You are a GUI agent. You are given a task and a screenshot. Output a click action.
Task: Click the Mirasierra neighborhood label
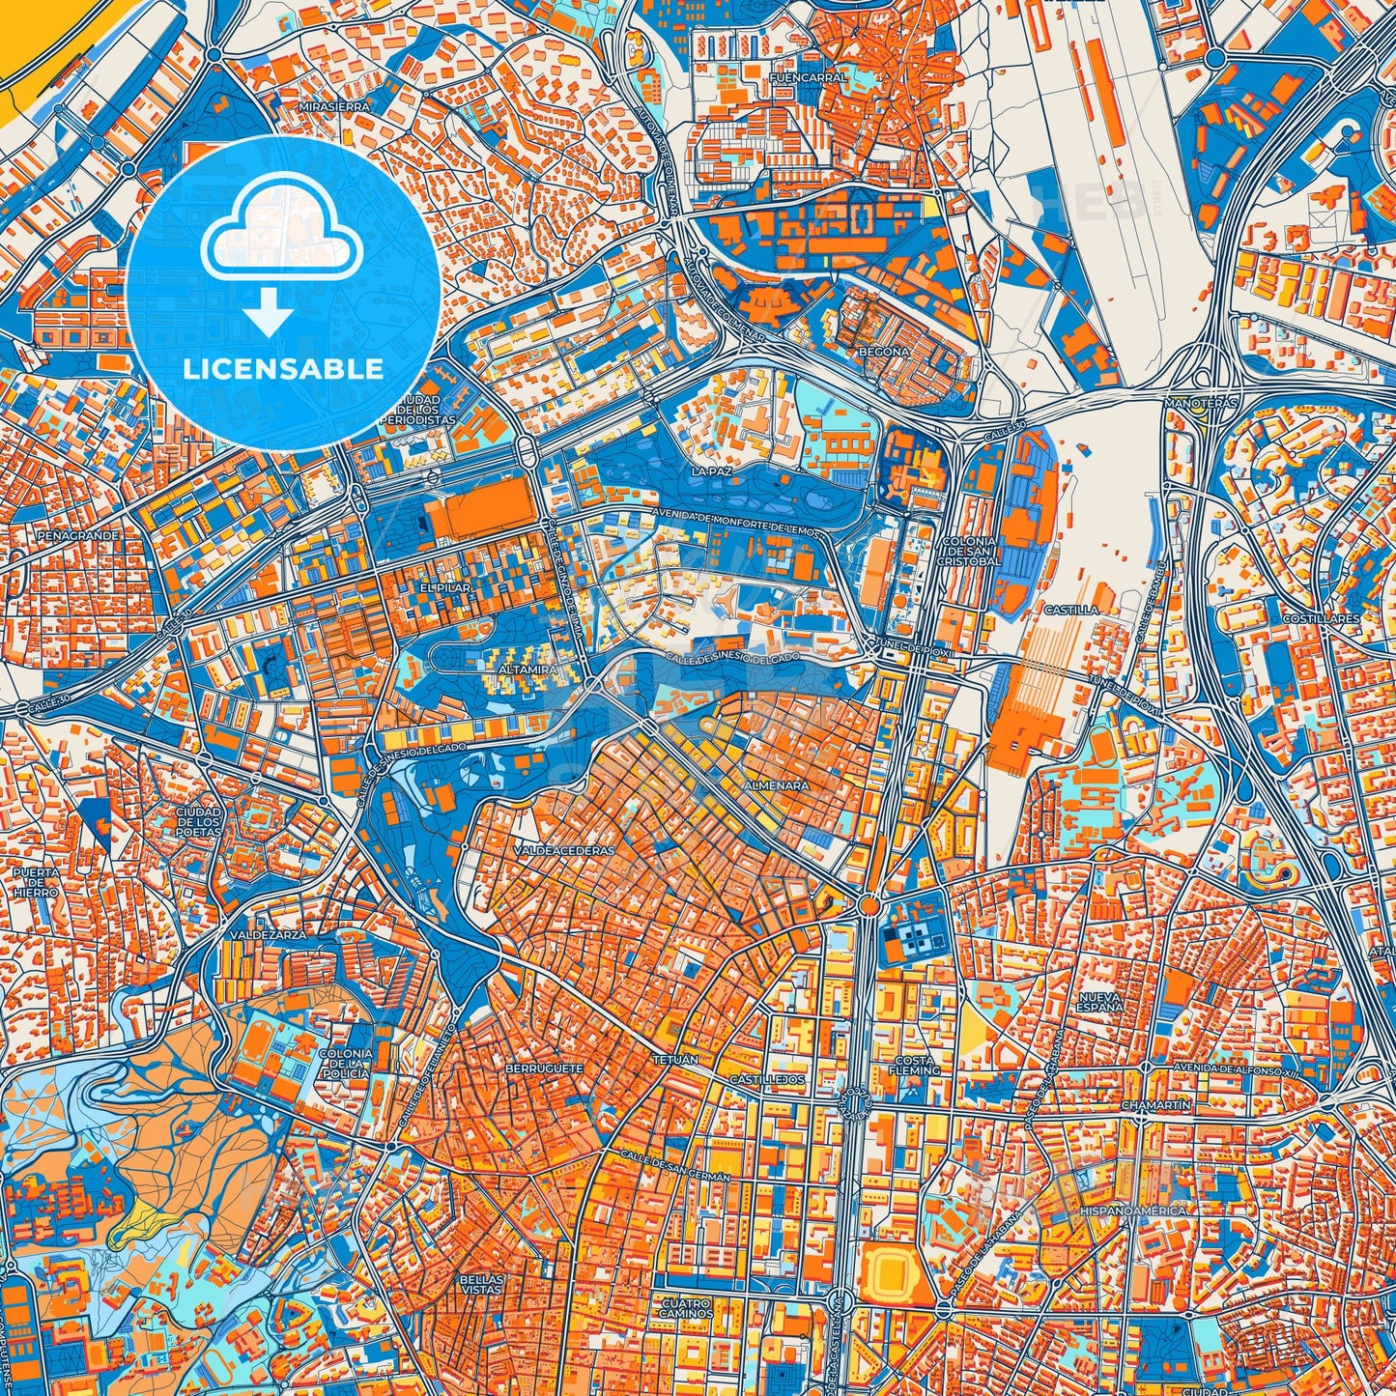click(x=335, y=106)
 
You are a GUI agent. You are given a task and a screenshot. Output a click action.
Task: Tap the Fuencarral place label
click(x=809, y=77)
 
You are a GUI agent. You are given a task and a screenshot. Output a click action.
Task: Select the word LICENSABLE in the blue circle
click(x=283, y=368)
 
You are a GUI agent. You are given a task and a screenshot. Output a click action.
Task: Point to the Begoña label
click(x=884, y=352)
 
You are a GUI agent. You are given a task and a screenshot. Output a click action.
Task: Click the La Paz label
click(x=713, y=471)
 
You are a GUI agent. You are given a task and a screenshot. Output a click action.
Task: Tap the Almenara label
click(x=776, y=785)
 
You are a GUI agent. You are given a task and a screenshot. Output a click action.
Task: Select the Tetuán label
click(x=674, y=1060)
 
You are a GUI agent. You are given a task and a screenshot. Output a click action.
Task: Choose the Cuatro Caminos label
click(x=687, y=1308)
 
